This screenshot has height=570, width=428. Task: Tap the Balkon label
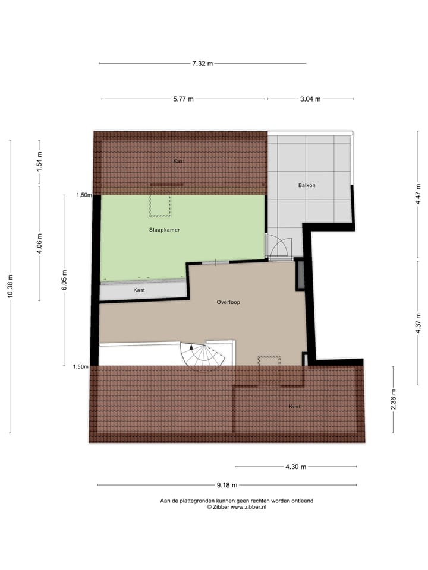pos(307,185)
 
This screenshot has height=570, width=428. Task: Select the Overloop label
pos(228,302)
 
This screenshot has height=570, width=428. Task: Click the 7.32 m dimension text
pos(203,64)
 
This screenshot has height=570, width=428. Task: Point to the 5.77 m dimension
pos(184,99)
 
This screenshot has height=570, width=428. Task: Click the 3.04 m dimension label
pos(310,99)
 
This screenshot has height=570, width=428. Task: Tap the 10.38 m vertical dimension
pos(10,287)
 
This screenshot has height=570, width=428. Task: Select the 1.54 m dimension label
pos(39,162)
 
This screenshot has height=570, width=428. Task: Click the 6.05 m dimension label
pos(65,280)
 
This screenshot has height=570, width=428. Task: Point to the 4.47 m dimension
pos(418,195)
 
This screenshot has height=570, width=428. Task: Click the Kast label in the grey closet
pos(139,290)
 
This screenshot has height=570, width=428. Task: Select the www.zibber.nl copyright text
pos(236,507)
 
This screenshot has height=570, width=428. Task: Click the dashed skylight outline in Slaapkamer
pos(160,205)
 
